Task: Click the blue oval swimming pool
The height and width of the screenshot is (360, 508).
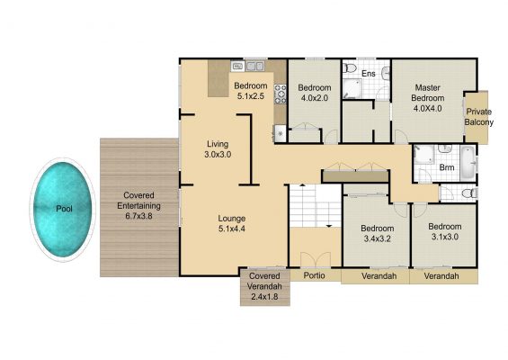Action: (x=63, y=210)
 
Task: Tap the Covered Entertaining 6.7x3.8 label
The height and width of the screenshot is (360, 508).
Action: (x=139, y=205)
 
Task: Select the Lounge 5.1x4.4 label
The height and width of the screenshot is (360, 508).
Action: (x=232, y=223)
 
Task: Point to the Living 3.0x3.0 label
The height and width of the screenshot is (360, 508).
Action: (x=218, y=149)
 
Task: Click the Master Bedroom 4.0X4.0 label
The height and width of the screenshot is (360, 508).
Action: (x=427, y=98)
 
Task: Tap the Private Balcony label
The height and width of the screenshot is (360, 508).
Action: (x=479, y=117)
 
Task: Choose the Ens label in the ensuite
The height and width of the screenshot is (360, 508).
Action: (x=369, y=74)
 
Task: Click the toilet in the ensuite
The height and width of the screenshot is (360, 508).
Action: (x=350, y=67)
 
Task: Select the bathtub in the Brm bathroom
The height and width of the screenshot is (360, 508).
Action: (x=468, y=163)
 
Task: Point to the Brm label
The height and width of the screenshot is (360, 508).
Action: (x=447, y=167)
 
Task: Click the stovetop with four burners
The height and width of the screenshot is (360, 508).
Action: (x=281, y=94)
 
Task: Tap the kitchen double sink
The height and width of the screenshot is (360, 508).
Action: (x=255, y=67)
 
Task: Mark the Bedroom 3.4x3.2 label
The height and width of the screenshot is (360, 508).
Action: (x=378, y=233)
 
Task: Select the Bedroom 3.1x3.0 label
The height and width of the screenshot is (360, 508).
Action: (x=445, y=231)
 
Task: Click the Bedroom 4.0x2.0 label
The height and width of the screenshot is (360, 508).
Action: (x=315, y=93)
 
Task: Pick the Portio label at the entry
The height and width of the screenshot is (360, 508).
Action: (x=315, y=275)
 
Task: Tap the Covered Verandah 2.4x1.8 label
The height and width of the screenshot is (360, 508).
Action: (x=264, y=286)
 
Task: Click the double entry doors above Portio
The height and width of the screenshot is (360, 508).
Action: (x=316, y=260)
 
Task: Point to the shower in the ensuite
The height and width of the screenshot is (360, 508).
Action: (x=352, y=88)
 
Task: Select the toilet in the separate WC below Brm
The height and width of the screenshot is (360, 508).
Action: (x=468, y=193)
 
